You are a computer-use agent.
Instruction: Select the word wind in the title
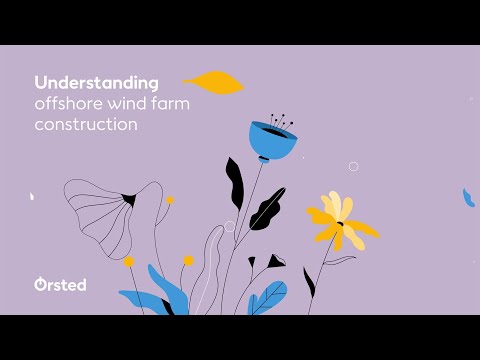[x=127, y=104]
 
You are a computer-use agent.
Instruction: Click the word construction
[x=85, y=126]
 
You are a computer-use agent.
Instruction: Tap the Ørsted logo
[x=59, y=285]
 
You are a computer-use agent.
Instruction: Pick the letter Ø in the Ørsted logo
[x=40, y=285]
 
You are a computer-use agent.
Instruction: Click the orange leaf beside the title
[x=215, y=82]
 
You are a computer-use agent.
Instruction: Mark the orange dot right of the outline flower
[x=170, y=200]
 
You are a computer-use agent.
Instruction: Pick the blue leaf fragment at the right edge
[x=467, y=198]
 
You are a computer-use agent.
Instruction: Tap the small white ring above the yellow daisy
[x=353, y=166]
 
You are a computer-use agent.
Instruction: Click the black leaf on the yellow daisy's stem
[x=310, y=281]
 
